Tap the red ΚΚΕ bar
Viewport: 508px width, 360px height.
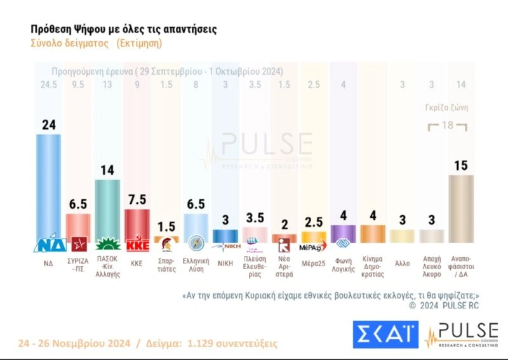137,222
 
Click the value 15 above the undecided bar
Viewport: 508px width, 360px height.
461,166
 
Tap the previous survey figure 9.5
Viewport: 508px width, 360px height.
77,84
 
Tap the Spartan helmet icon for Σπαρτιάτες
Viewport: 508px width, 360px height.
166,244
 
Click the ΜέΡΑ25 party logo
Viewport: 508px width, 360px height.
313,245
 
